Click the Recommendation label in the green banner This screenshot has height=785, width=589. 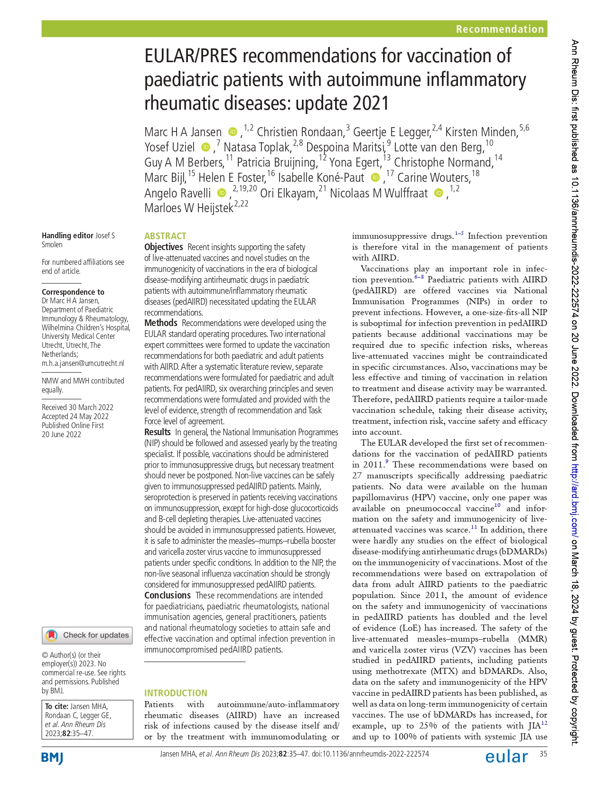pos(499,29)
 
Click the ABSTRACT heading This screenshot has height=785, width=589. pos(165,236)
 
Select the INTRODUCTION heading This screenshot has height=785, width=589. pos(176,693)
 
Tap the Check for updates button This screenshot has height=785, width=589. pos(87,635)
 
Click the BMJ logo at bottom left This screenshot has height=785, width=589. pos(52,758)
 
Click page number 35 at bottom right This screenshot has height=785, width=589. pos(543,754)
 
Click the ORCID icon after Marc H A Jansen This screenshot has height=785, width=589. pos(233,131)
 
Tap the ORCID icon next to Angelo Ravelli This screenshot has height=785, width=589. pos(221,193)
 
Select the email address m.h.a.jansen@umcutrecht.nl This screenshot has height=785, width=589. pos(83,363)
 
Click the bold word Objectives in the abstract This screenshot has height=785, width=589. pos(163,247)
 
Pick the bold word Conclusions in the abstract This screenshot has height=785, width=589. pos(167,595)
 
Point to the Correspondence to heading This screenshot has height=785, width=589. pos(73,292)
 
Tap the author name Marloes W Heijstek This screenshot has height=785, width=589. pos(188,208)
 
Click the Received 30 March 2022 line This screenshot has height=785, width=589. pos(77,407)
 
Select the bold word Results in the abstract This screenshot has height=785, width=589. pos(157,432)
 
